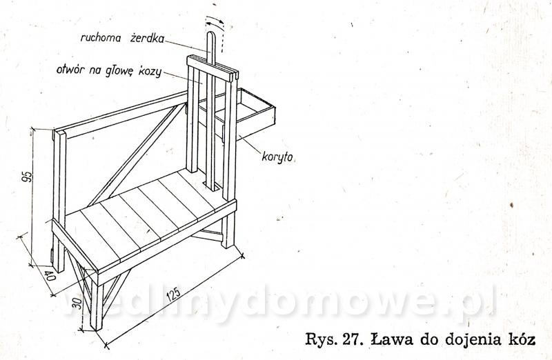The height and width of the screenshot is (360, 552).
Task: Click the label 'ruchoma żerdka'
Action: (123, 38)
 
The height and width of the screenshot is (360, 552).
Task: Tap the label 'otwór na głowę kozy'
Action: (109, 70)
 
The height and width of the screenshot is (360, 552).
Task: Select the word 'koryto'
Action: (277, 157)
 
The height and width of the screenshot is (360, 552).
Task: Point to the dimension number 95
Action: (27, 177)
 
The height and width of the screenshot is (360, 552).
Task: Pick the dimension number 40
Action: (50, 276)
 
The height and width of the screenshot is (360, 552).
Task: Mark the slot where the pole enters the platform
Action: (213, 186)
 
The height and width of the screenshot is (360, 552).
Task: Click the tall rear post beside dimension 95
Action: (59, 201)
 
